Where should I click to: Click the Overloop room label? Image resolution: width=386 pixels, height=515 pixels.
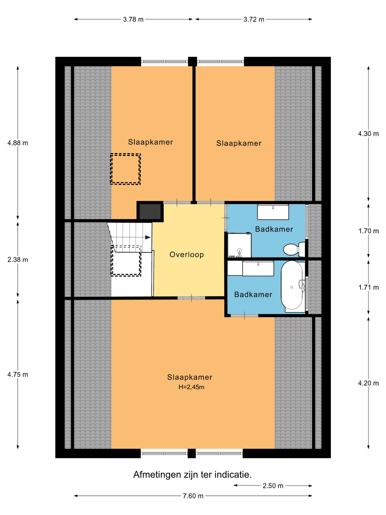[187, 254]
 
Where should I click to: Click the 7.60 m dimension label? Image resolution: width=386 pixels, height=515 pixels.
[193, 496]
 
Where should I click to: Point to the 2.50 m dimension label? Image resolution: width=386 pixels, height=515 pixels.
[273, 485]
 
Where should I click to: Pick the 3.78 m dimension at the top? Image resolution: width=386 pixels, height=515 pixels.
[133, 19]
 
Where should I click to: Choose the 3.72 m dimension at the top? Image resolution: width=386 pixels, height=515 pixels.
[254, 19]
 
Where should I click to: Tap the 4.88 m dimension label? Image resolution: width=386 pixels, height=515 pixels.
[18, 143]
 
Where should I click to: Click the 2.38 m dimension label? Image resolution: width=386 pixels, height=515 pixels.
[18, 259]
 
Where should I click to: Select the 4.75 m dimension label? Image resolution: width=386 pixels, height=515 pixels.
[18, 374]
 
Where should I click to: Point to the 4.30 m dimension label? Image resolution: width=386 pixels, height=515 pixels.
[368, 134]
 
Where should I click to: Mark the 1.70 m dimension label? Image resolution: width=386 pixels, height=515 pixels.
[369, 231]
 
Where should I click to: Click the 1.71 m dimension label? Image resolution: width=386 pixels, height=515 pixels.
[369, 287]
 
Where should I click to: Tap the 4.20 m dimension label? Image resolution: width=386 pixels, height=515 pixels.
[368, 383]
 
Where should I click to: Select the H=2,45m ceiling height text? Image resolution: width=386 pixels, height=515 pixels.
[191, 387]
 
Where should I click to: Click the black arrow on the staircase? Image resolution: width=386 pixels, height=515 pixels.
[148, 237]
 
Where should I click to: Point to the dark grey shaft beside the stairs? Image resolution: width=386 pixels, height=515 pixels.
[150, 212]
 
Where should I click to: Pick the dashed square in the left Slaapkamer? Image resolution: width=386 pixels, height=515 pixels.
[125, 169]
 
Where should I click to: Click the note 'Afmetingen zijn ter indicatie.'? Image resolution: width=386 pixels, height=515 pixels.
[192, 474]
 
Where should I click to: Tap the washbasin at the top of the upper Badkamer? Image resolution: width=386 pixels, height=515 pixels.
[273, 212]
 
